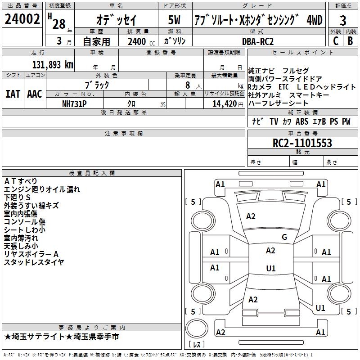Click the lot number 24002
click(x=22, y=19)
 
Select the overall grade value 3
click(x=343, y=21)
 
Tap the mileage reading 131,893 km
click(x=53, y=65)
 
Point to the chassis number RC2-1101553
click(x=302, y=143)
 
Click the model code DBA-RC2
click(x=258, y=41)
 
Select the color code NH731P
click(x=74, y=104)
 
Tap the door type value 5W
click(x=174, y=20)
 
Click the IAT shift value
click(x=13, y=94)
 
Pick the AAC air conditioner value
click(x=35, y=94)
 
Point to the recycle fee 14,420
click(x=225, y=104)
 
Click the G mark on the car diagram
click(x=284, y=237)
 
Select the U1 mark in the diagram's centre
click(x=271, y=268)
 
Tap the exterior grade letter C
click(x=336, y=41)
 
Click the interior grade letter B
click(x=351, y=41)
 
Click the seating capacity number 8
click(x=188, y=85)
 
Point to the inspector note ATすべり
click(x=20, y=181)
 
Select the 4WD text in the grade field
click(x=314, y=20)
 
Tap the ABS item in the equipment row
click(x=302, y=121)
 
